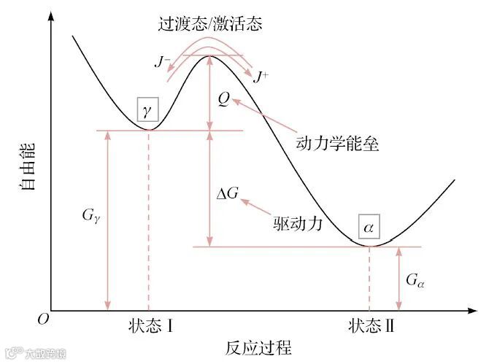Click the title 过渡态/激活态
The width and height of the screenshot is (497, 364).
point(209,23)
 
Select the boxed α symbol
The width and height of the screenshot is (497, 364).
point(369,227)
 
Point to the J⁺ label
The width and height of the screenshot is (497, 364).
point(259,75)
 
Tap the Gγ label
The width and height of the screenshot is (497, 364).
point(93,217)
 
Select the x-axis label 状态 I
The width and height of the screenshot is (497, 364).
point(149,326)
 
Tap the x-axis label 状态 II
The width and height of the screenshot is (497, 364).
point(371,326)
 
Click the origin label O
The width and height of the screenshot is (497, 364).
point(43,320)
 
